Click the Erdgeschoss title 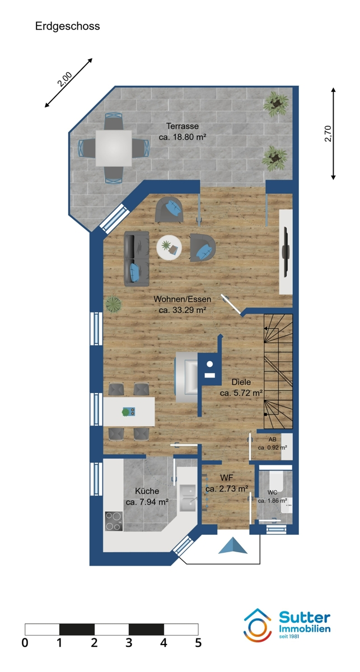pos(68,26)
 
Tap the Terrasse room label pos(183,127)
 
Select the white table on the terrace pos(114,148)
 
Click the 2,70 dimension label pos(328,133)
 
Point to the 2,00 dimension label pos(65,80)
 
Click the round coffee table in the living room pos(169,247)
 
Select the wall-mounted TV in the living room pos(286,252)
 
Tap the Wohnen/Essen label pos(183,299)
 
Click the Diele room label pos(241,382)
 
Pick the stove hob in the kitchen pos(114,521)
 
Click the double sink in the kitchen pos(188,498)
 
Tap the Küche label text pos(147,491)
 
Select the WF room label pos(227,478)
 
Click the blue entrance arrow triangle pos(233,545)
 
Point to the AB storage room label pos(273,440)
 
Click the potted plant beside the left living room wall pos(114,304)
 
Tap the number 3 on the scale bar pos(129,643)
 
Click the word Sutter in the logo pos(305,618)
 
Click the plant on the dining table pos(126,412)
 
